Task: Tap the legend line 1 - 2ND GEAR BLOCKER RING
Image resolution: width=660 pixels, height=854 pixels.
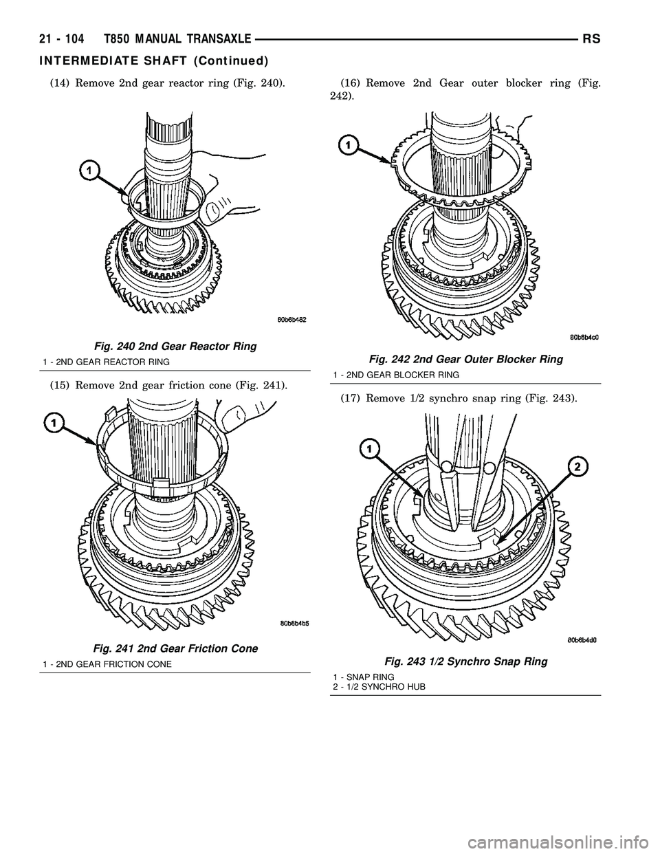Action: click(396, 374)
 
